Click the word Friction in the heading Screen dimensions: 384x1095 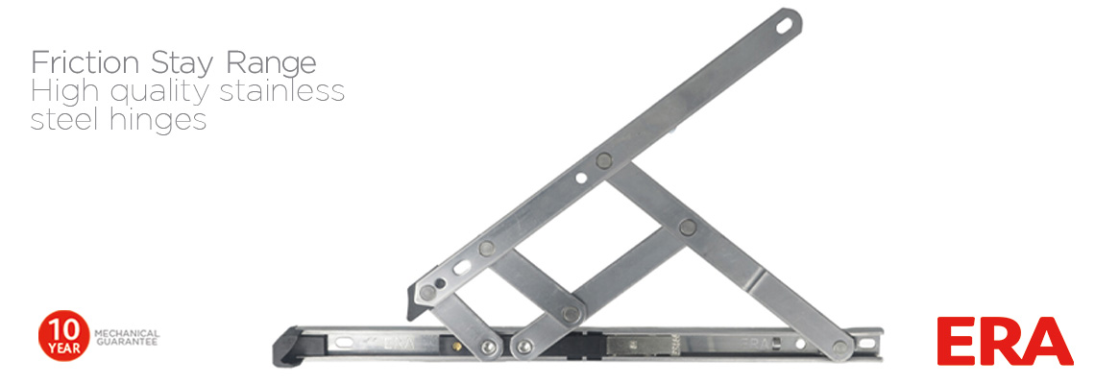[85, 62]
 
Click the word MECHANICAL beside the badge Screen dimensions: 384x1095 [126, 333]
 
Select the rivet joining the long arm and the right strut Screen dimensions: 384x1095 [603, 160]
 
